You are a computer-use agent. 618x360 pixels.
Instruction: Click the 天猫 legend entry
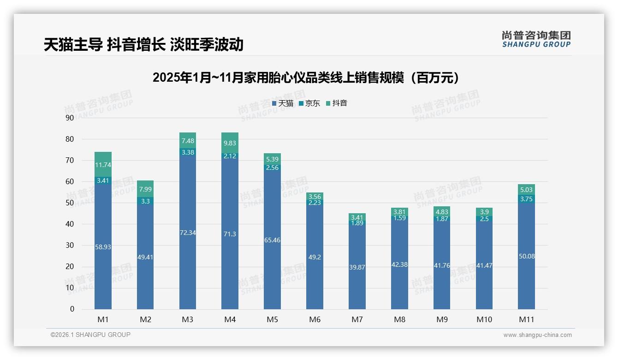(x=283, y=103)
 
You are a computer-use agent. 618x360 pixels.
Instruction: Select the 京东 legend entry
(x=309, y=103)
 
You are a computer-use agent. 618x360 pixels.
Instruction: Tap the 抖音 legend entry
(x=337, y=103)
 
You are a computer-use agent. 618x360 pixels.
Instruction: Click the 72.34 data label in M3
(x=188, y=233)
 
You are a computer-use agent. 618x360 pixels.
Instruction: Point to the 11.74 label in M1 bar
(x=103, y=165)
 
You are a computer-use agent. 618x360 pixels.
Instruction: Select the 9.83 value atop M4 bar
(x=230, y=143)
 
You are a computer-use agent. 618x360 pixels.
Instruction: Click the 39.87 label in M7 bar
(x=357, y=267)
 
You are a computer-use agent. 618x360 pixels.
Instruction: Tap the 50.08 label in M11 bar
(x=526, y=256)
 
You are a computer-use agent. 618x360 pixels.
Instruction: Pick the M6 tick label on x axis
(x=315, y=319)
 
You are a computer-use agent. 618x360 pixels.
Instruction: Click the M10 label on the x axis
(x=484, y=319)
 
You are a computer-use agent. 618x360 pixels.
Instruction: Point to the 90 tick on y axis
(x=70, y=118)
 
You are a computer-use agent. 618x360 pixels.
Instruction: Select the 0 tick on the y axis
(x=72, y=309)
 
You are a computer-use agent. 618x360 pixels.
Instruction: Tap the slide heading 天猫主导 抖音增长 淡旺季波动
(x=143, y=44)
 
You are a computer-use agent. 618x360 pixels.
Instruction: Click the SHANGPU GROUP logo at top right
(x=536, y=39)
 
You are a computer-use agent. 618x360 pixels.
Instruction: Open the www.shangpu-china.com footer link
(x=537, y=335)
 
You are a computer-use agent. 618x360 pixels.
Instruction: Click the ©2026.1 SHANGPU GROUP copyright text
(x=90, y=335)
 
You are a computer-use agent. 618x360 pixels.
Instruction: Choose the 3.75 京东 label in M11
(x=526, y=199)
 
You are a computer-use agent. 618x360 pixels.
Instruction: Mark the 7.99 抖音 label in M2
(x=145, y=189)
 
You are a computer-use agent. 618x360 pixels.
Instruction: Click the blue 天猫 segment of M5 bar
(x=272, y=249)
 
